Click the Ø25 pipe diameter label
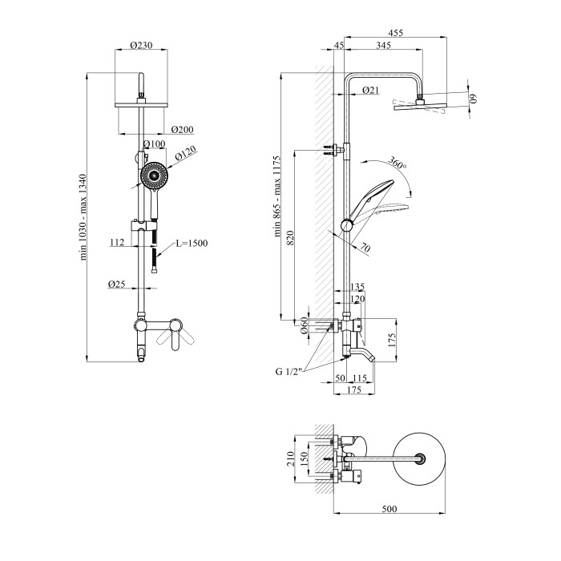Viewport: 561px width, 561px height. (117, 283)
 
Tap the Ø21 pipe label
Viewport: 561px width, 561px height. (370, 91)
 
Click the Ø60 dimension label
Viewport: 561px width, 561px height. (305, 324)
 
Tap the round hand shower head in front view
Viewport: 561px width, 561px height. (152, 174)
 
